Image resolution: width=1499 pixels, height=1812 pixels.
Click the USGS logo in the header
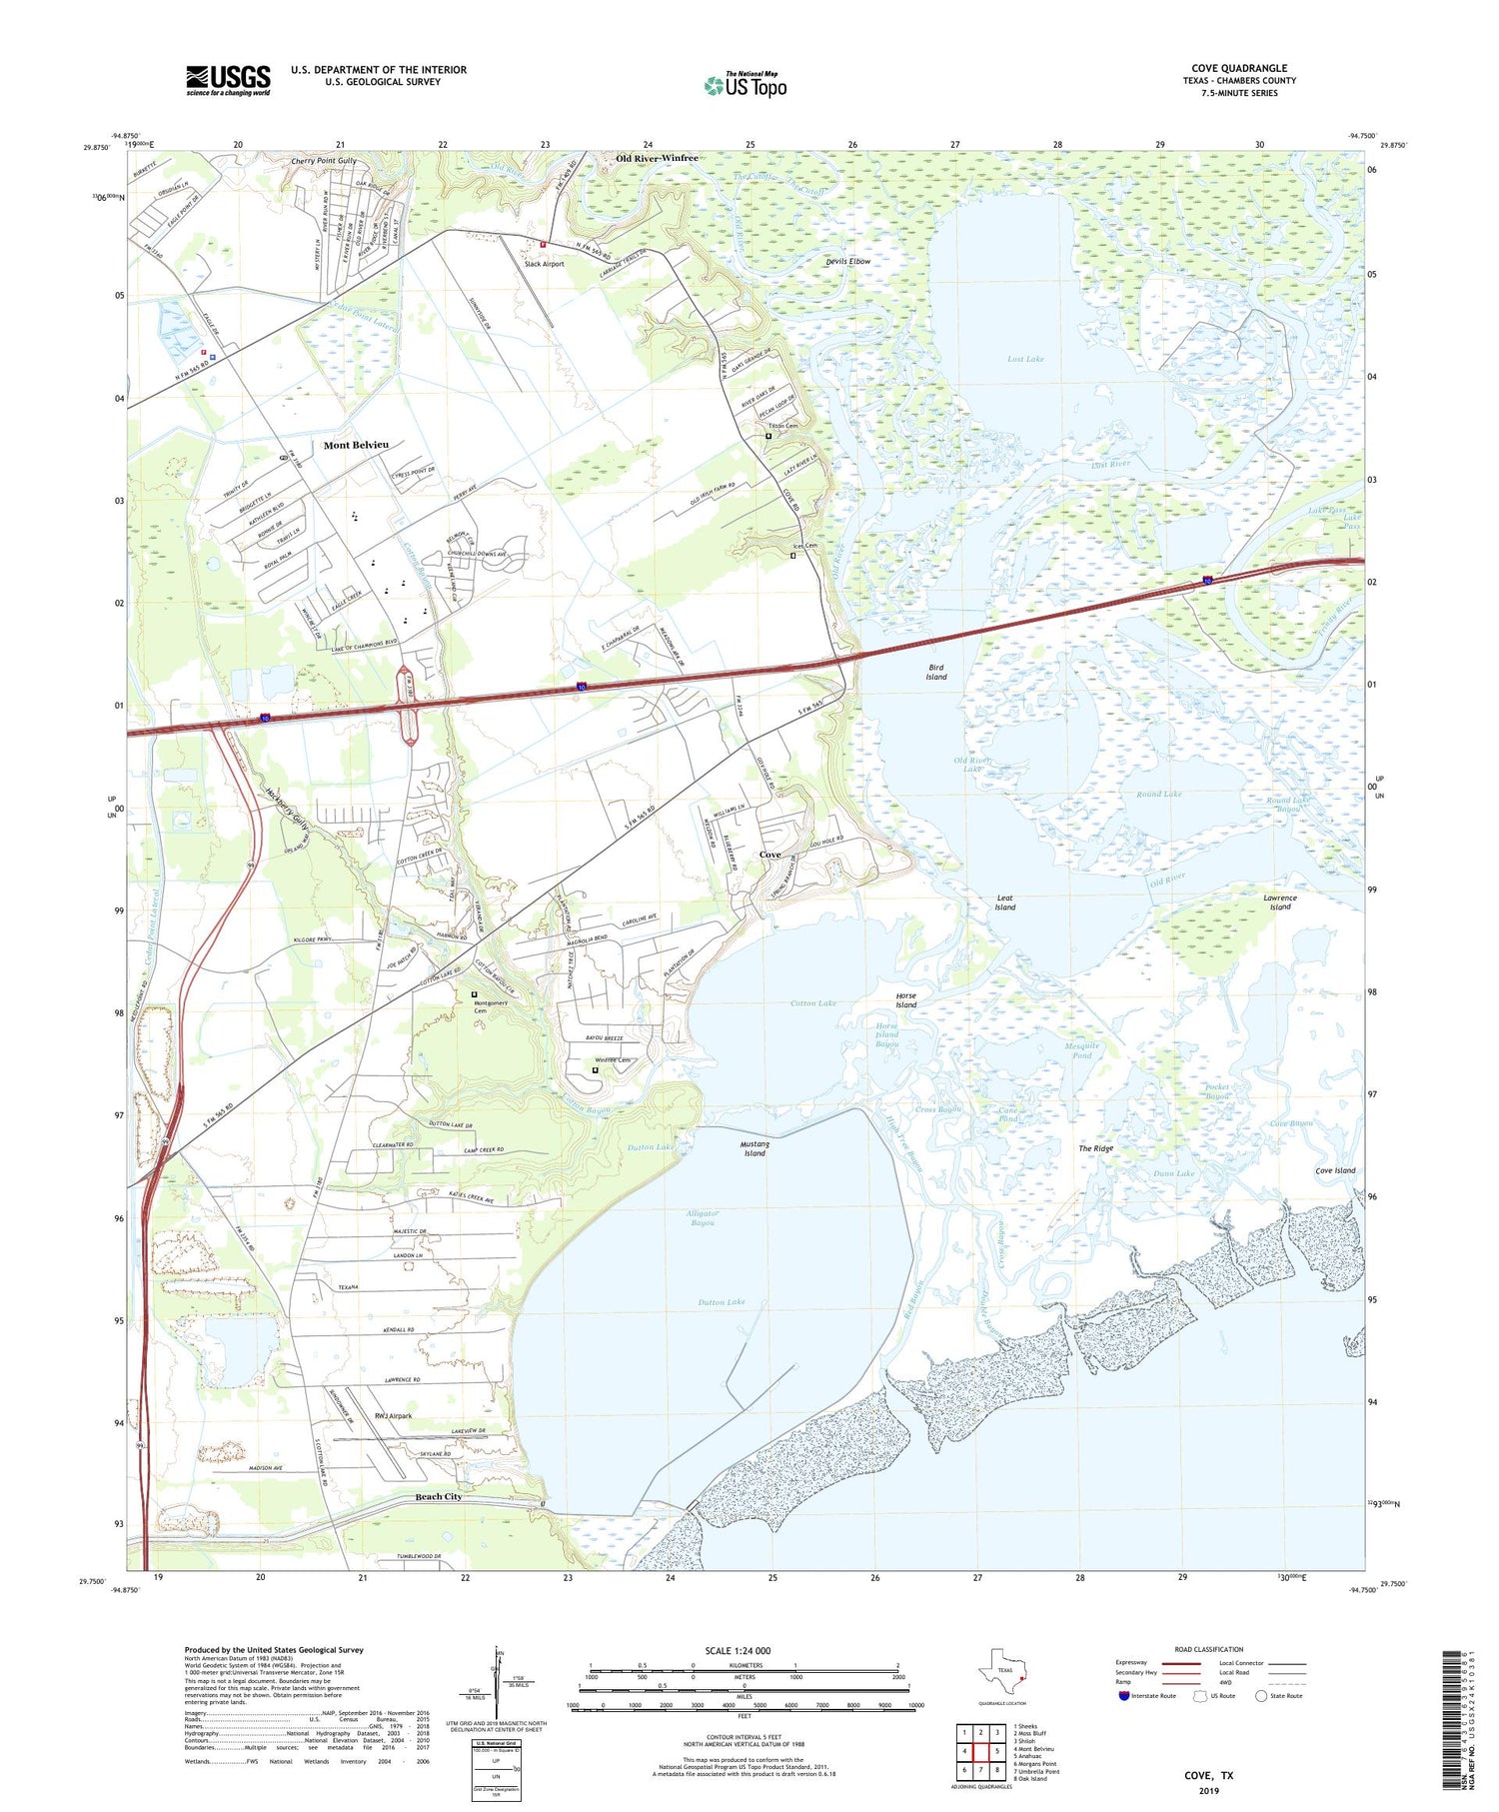tap(227, 79)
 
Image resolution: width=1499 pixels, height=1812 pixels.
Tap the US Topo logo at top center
tap(746, 86)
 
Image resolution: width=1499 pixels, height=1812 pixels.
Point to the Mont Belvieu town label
tap(356, 445)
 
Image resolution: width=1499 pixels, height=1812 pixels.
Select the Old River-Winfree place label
tap(657, 158)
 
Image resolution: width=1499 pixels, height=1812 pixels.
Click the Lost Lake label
tap(1025, 359)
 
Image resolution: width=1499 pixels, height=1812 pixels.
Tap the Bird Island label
tap(935, 672)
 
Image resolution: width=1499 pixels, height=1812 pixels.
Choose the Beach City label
tap(439, 1496)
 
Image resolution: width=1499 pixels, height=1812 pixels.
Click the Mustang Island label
tap(754, 1148)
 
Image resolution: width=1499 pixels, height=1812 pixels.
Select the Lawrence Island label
tap(1280, 903)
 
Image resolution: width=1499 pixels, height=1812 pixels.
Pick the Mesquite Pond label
tap(1082, 1050)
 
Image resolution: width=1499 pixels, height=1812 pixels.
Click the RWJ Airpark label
tap(393, 1416)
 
